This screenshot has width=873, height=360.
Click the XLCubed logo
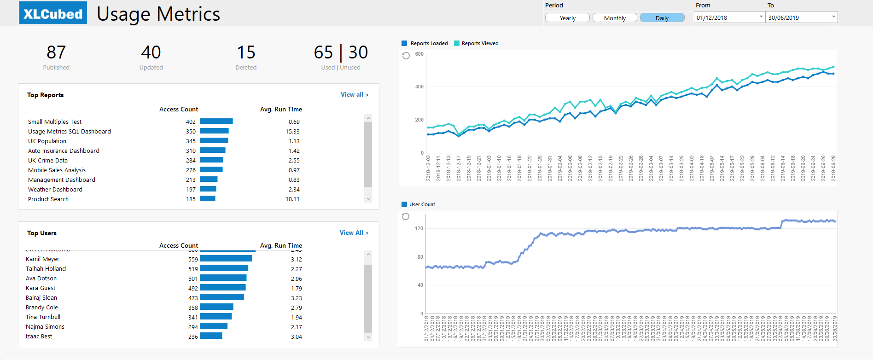[53, 13]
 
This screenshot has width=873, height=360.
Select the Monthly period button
[615, 18]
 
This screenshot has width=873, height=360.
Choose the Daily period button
[662, 18]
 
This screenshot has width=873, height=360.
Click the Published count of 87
[56, 52]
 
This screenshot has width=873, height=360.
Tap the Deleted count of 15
[246, 52]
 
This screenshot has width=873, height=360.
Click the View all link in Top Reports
[354, 94]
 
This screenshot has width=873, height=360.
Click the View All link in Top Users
[354, 232]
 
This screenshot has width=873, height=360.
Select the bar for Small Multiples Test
[216, 122]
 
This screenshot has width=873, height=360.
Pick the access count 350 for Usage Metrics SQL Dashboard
[191, 131]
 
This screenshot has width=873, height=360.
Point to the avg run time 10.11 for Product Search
[292, 199]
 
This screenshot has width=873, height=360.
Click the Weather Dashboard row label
[55, 189]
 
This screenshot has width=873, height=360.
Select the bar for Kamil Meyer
[226, 259]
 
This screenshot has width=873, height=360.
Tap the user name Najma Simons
[45, 326]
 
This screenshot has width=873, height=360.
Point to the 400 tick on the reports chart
[419, 87]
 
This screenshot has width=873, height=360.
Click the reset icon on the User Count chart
[406, 216]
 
